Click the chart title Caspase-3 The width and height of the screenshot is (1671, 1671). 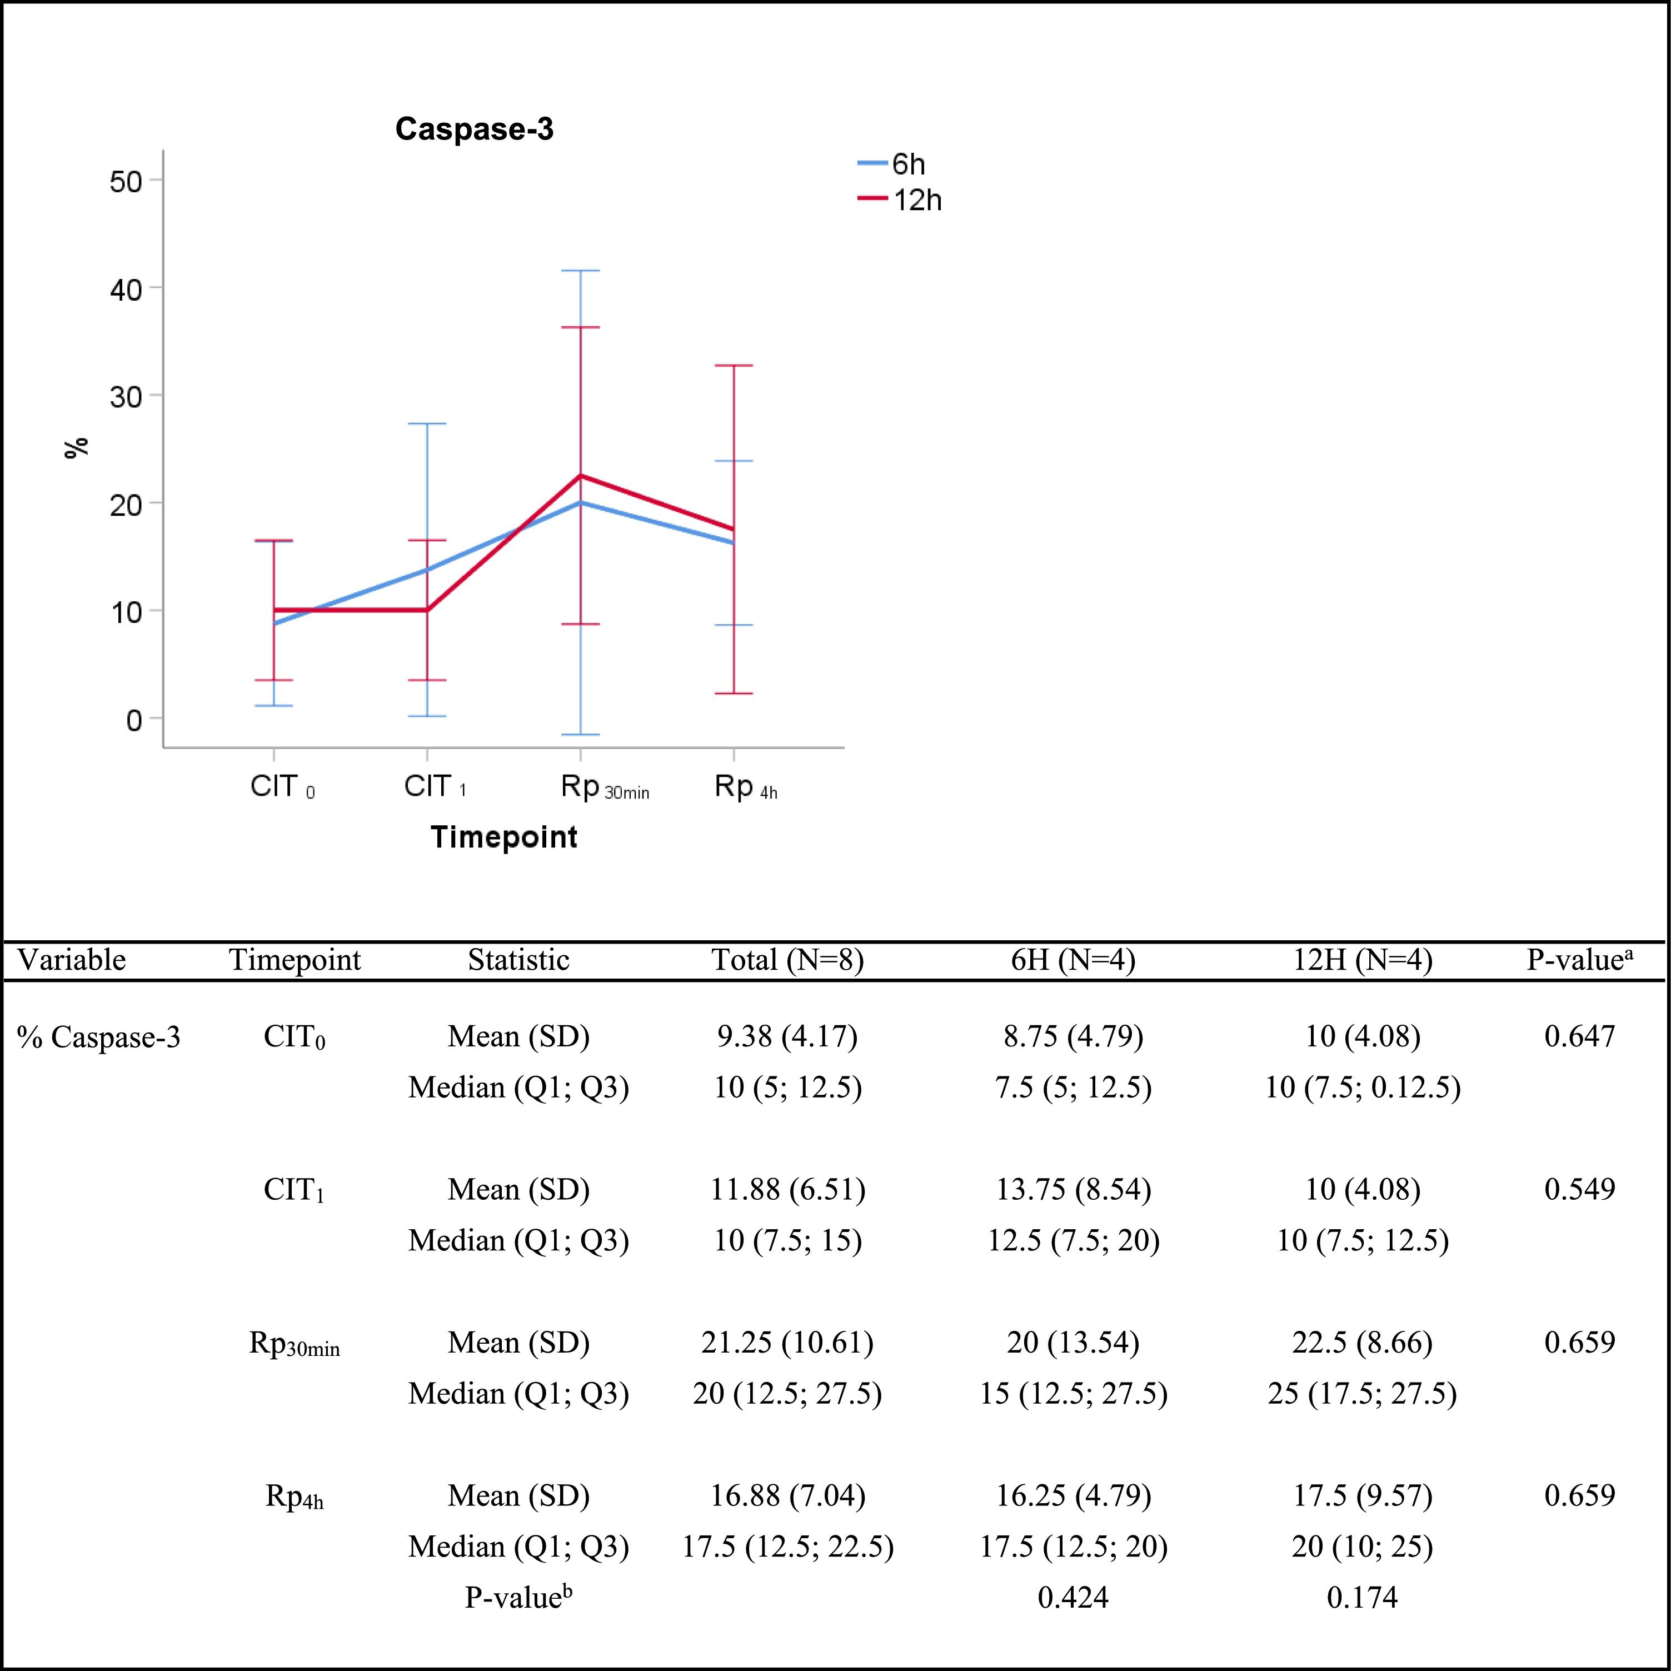pyautogui.click(x=474, y=129)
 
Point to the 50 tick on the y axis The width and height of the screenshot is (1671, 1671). pyautogui.click(x=126, y=181)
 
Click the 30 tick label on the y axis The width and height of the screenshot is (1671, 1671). pyautogui.click(x=126, y=396)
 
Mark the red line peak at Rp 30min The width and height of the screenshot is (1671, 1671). pyautogui.click(x=580, y=476)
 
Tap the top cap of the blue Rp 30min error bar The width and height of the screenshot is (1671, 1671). pyautogui.click(x=580, y=271)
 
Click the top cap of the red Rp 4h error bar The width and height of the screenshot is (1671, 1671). pyautogui.click(x=734, y=365)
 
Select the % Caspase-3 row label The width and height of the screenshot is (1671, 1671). pyautogui.click(x=98, y=1036)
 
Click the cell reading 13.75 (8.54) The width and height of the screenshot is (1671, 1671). pyautogui.click(x=1074, y=1189)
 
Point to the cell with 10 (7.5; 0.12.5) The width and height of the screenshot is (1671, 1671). pyautogui.click(x=1362, y=1086)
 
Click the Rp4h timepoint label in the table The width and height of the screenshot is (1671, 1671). pyautogui.click(x=294, y=1497)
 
